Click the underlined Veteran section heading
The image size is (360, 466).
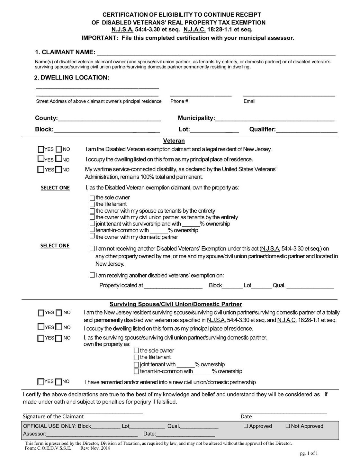pyautogui.click(x=174, y=141)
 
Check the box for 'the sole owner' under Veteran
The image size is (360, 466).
pyautogui.click(x=92, y=198)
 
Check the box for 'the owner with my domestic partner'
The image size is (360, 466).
pyautogui.click(x=92, y=236)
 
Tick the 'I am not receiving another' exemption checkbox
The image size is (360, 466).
pyautogui.click(x=92, y=249)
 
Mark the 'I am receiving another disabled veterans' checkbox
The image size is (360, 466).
pyautogui.click(x=92, y=275)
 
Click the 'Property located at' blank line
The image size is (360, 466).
pyautogui.click(x=173, y=286)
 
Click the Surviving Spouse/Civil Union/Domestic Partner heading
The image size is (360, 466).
pyautogui.click(x=175, y=304)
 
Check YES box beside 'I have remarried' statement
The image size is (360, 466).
pyautogui.click(x=41, y=382)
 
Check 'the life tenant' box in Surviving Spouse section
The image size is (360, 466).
pyautogui.click(x=136, y=357)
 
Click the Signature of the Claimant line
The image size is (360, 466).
pyautogui.click(x=83, y=412)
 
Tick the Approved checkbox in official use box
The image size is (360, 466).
pyautogui.click(x=246, y=426)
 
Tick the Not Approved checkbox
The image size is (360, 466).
pyautogui.click(x=288, y=426)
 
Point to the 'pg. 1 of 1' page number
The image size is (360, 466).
pyautogui.click(x=309, y=454)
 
